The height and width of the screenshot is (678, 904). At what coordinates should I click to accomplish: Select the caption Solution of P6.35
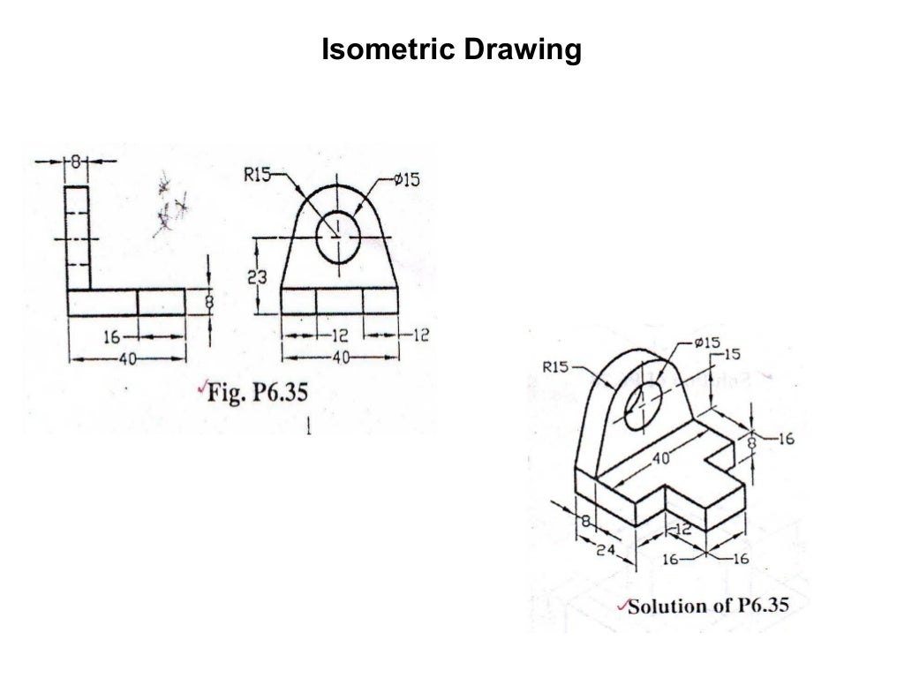[x=707, y=606]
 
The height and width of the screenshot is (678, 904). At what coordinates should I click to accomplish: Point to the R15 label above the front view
[x=257, y=176]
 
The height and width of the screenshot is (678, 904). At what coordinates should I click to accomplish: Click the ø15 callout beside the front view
[x=407, y=180]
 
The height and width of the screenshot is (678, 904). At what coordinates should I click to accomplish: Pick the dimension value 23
[x=257, y=278]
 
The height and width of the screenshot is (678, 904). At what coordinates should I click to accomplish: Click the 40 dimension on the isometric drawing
[x=662, y=458]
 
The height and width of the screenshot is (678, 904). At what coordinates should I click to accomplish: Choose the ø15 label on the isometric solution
[x=707, y=343]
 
